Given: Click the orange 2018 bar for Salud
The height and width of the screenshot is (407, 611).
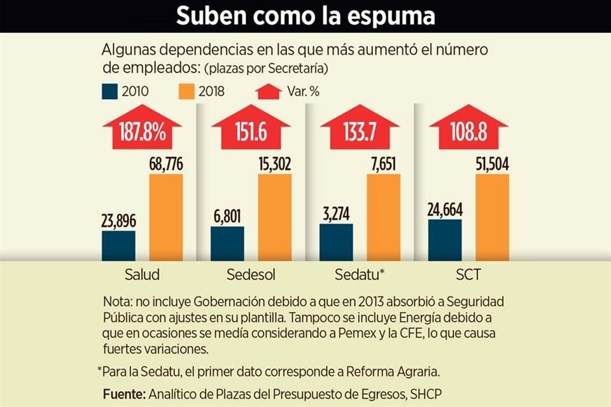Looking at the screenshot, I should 166,217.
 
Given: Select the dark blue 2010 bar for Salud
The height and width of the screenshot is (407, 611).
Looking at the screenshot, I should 118,245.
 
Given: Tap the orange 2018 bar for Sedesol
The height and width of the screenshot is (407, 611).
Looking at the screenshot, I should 274,217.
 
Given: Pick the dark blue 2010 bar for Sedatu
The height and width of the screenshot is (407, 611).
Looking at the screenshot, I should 335,242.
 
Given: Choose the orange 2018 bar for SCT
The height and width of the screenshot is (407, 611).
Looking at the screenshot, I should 492,217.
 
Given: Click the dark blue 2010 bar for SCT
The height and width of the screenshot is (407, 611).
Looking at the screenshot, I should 445,240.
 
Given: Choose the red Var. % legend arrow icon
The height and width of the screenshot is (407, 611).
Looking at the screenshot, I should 268,91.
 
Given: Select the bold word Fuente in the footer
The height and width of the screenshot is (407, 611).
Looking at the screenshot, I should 124,394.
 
